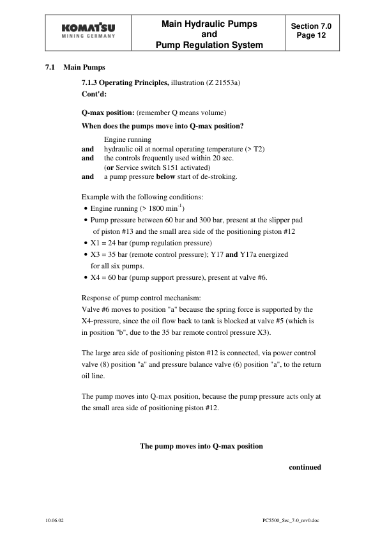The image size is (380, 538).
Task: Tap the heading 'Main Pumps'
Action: [85, 68]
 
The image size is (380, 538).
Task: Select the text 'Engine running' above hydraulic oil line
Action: [127, 139]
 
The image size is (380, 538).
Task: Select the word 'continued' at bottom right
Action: [304, 467]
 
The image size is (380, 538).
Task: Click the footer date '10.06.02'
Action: [54, 521]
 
